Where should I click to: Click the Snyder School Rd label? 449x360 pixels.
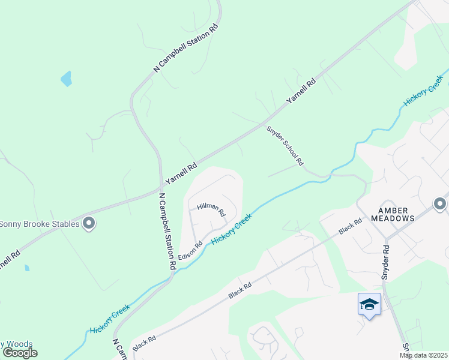285,146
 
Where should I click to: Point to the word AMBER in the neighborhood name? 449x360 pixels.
393,211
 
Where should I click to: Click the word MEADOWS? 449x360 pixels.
396,219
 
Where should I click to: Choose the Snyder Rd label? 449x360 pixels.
385,263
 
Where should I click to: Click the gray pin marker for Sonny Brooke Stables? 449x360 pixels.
89,224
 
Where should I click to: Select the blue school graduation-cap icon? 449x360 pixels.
369,305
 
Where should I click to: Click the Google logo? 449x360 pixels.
20,353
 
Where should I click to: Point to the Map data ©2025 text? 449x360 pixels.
423,355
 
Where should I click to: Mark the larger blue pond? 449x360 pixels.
66,79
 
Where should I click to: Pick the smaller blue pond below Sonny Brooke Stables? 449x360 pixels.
27,268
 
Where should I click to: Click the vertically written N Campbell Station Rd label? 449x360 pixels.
167,231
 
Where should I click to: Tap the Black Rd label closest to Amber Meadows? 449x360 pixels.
350,226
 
